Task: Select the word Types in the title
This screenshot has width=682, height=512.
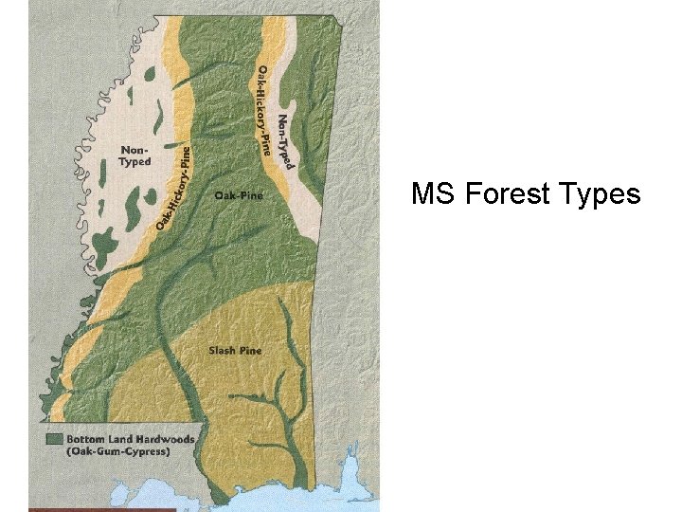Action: (601, 196)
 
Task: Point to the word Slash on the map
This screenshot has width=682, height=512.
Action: (221, 351)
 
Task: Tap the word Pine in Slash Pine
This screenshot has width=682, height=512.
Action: (250, 351)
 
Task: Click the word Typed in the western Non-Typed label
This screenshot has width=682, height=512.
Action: (135, 161)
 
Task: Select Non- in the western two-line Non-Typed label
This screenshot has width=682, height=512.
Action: (133, 150)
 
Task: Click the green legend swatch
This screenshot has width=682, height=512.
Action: (55, 438)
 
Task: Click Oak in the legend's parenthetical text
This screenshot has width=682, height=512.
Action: (82, 451)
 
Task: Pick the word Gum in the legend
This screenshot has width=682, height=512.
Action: (110, 451)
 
